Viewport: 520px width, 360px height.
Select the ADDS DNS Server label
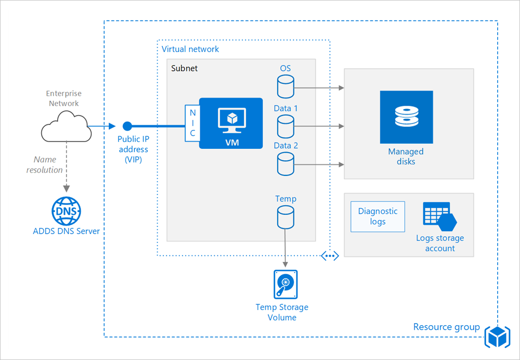tap(66, 231)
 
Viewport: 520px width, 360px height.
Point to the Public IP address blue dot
tap(127, 126)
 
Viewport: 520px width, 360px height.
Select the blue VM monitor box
tap(231, 123)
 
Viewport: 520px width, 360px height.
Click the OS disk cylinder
tap(285, 87)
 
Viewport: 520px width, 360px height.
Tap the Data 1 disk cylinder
tap(285, 126)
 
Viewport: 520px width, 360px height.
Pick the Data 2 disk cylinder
tap(285, 163)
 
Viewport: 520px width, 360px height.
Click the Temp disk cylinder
tap(285, 217)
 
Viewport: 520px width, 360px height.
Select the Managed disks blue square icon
tap(406, 118)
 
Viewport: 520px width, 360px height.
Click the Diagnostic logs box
tap(378, 216)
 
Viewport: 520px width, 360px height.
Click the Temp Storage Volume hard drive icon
tap(285, 285)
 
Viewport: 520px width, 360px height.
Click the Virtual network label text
tap(190, 49)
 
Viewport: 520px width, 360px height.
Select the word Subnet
tap(185, 69)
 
